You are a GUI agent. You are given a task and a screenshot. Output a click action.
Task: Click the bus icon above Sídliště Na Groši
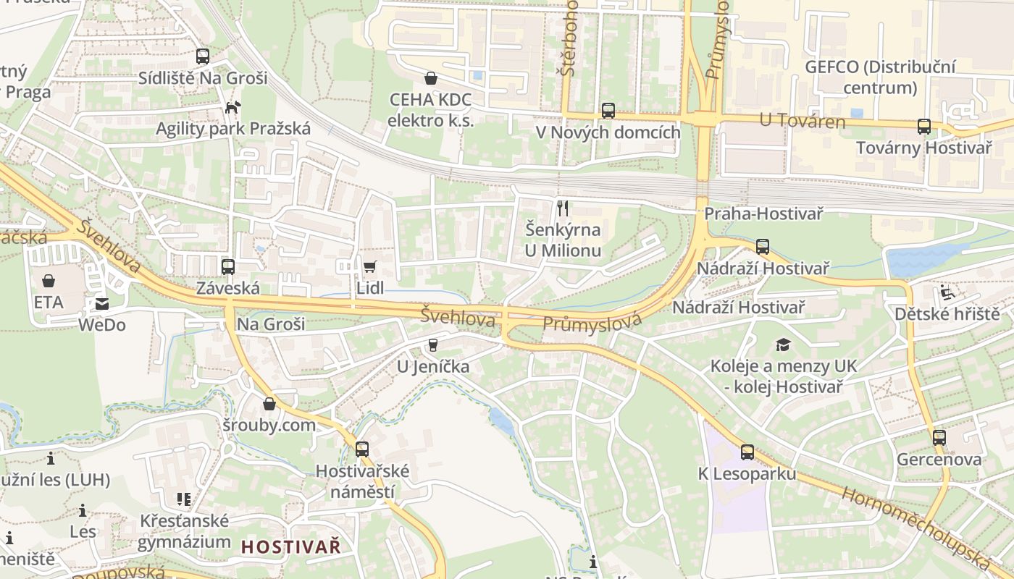(203, 56)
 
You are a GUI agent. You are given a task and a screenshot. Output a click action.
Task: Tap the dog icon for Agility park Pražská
(232, 108)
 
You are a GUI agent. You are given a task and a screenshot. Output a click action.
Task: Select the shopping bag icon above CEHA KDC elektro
(431, 78)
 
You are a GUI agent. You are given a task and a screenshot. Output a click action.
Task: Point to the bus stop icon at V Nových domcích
(608, 111)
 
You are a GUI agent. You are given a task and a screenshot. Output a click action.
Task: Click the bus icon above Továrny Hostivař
(924, 127)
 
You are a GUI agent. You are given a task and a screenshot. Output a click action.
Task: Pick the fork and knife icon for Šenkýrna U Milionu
(563, 208)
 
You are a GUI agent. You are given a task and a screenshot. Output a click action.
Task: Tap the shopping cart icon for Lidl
(369, 266)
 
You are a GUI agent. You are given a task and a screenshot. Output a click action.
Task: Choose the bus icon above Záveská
(228, 266)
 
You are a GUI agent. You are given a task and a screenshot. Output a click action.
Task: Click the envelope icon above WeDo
(101, 304)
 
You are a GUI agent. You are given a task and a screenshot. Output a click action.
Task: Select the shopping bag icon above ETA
(49, 280)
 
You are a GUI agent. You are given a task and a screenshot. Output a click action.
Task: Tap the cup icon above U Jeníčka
(433, 345)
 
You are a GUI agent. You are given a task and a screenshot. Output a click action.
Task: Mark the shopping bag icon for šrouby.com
(269, 404)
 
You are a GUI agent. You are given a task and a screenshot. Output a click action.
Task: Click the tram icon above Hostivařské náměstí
(362, 449)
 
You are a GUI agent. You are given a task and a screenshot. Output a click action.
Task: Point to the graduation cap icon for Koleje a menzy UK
(783, 345)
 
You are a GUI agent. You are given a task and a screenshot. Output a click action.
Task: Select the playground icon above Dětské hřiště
(947, 292)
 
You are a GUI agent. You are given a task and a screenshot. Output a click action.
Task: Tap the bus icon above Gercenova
(939, 438)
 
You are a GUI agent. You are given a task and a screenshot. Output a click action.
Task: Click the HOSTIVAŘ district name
(290, 547)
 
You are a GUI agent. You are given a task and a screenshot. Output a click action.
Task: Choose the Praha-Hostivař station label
(763, 214)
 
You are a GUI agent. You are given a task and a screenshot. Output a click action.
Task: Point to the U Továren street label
(803, 121)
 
